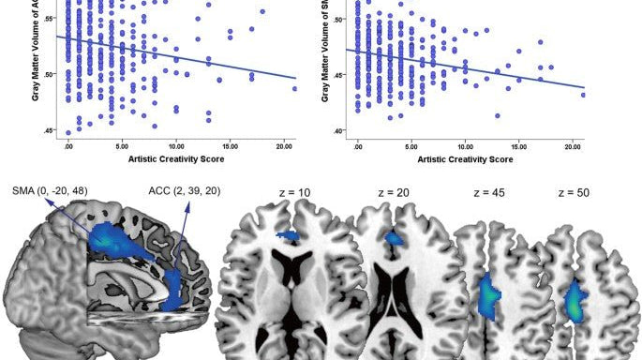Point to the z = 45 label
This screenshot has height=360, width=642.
tap(487, 191)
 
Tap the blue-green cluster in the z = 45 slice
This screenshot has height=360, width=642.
tap(490, 294)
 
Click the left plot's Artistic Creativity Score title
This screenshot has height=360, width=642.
tap(174, 160)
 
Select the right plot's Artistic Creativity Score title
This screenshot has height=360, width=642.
tap(465, 160)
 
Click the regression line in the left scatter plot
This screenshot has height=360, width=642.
tap(175, 57)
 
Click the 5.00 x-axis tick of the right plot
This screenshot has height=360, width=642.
tap(411, 146)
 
